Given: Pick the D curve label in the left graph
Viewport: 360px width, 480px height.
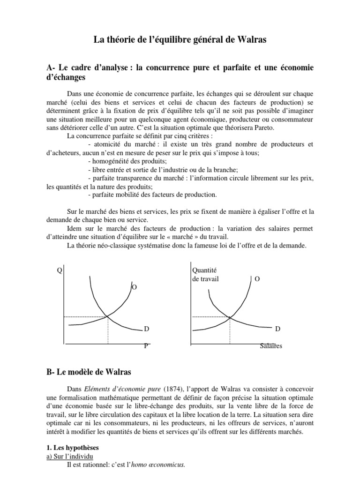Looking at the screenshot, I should pos(146,330).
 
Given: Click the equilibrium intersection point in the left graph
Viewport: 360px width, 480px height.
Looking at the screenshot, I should pos(108,317).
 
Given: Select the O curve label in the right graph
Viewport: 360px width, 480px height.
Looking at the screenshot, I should pos(256,278).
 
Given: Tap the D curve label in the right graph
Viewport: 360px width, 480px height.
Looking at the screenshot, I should pos(277,330).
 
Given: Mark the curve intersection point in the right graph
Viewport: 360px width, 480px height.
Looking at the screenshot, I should pos(230,317).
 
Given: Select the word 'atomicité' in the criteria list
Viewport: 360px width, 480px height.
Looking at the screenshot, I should pos(106,143).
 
